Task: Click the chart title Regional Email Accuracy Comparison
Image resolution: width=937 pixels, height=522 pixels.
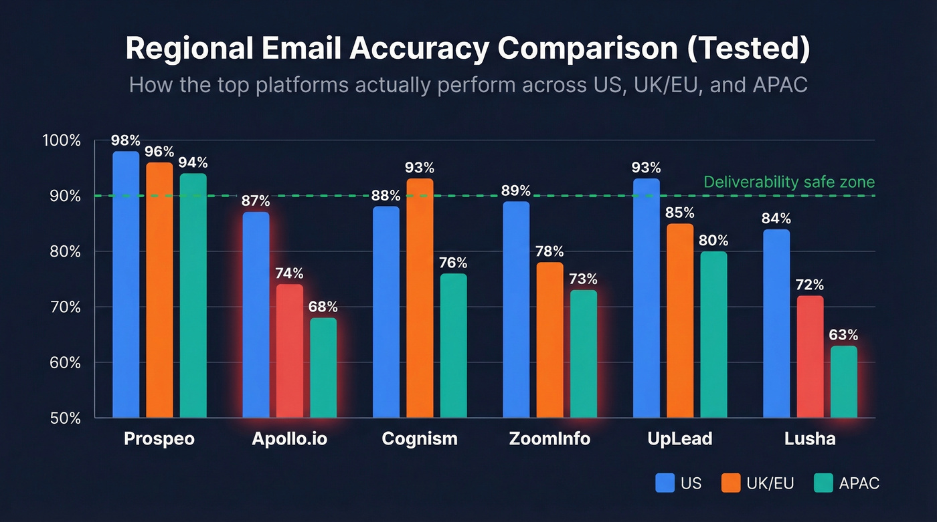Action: pyautogui.click(x=468, y=50)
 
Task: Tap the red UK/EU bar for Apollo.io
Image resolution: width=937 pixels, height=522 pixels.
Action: pyautogui.click(x=290, y=351)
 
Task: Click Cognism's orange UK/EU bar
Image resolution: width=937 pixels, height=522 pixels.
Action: pyautogui.click(x=420, y=297)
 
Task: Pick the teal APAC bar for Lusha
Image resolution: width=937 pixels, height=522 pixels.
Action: pyautogui.click(x=843, y=382)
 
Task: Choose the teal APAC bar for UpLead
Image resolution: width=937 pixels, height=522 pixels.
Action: pyautogui.click(x=713, y=334)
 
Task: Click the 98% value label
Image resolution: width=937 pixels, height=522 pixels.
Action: pyautogui.click(x=126, y=141)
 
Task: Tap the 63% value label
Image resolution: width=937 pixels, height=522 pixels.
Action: pyautogui.click(x=843, y=335)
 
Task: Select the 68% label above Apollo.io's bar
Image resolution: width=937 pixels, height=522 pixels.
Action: pyautogui.click(x=323, y=307)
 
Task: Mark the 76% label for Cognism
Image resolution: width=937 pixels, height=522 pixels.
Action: pyautogui.click(x=453, y=263)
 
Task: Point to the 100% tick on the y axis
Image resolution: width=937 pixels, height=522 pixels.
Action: pyautogui.click(x=62, y=141)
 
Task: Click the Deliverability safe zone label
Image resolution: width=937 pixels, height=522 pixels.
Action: pyautogui.click(x=789, y=182)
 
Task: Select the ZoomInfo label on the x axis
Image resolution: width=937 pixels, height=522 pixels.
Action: pyautogui.click(x=549, y=439)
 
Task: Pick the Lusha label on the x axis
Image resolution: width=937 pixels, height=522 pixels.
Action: pyautogui.click(x=810, y=439)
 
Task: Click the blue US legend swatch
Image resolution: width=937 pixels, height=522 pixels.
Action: pyautogui.click(x=665, y=483)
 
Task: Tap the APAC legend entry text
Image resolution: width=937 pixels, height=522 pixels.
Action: pyautogui.click(x=859, y=483)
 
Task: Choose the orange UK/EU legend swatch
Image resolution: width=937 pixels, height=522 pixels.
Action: pyautogui.click(x=730, y=483)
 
